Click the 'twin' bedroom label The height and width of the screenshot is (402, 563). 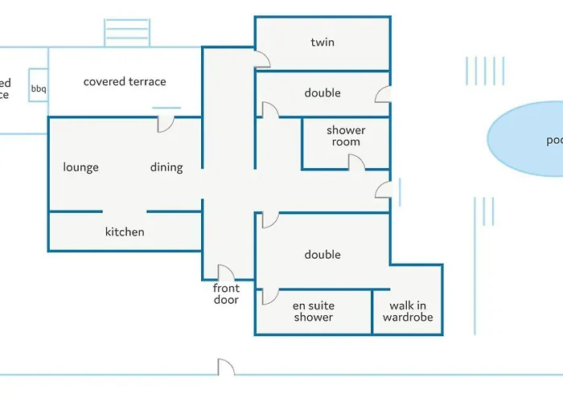click(323, 42)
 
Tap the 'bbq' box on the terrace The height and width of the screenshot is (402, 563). click(39, 88)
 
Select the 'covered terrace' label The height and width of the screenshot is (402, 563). click(125, 81)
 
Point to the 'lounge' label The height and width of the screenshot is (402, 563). click(81, 167)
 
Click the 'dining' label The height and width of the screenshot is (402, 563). click(166, 167)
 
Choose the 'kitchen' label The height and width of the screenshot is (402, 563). click(125, 232)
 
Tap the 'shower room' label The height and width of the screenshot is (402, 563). click(346, 136)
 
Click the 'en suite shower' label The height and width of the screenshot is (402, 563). click(313, 311)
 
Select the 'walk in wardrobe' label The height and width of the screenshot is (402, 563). click(408, 311)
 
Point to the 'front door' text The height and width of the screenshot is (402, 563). click(226, 294)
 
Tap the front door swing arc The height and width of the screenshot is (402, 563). click(225, 273)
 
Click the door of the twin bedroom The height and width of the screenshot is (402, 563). click(262, 58)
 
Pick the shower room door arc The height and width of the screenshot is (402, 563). click(356, 162)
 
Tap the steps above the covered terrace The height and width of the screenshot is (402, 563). click(126, 32)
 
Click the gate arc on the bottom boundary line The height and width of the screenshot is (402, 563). click(226, 367)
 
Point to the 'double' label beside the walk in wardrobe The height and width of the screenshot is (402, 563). click(323, 255)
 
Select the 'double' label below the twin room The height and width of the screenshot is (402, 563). click(323, 93)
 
